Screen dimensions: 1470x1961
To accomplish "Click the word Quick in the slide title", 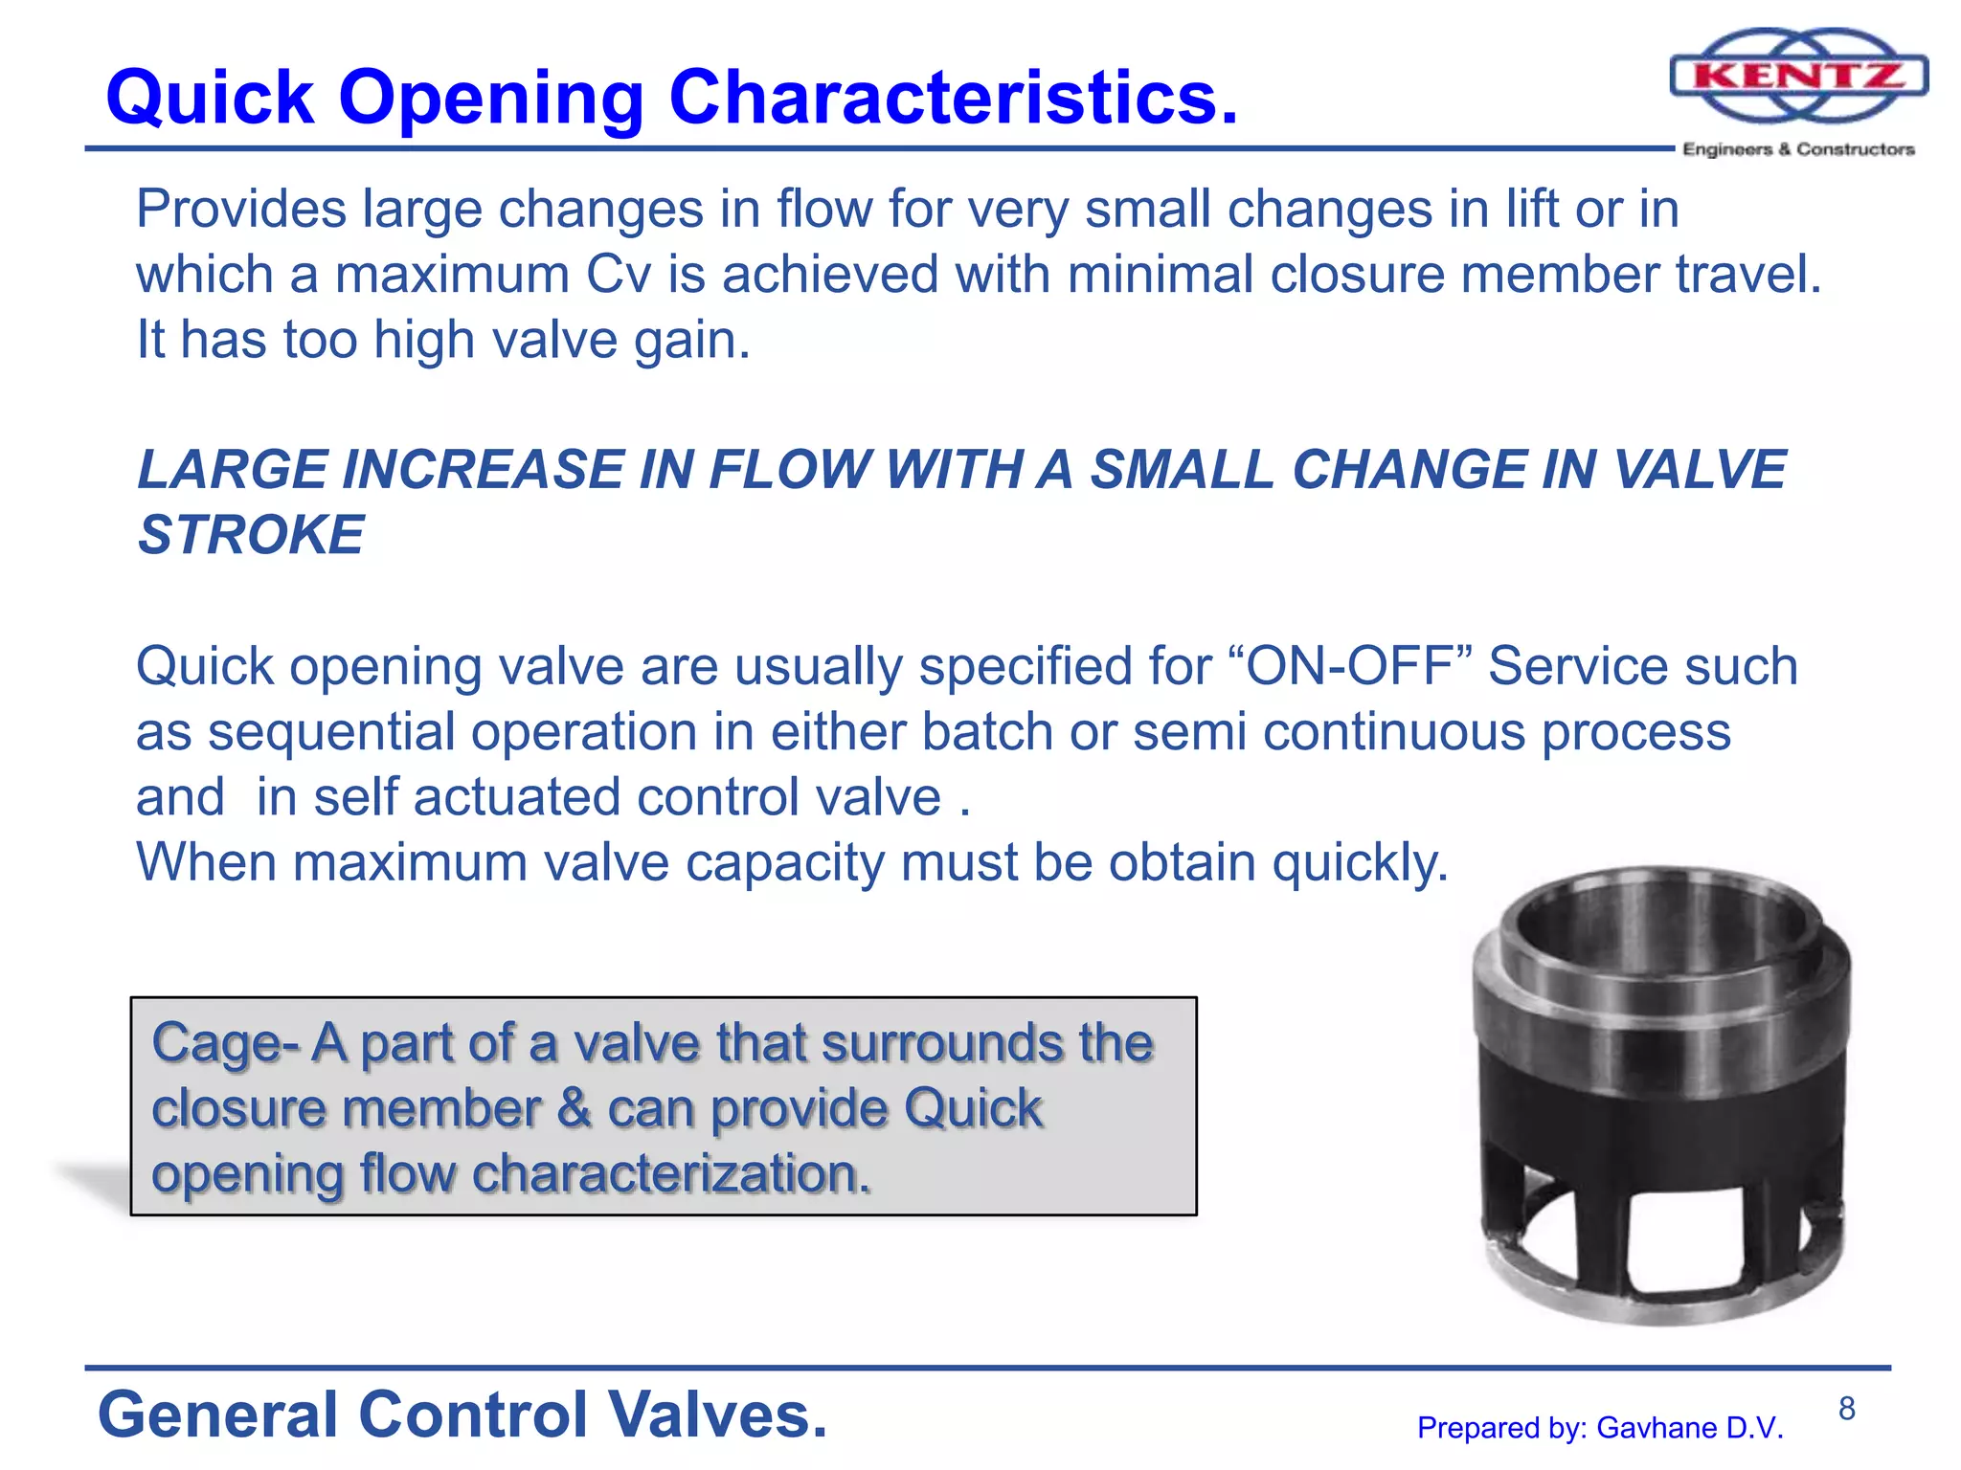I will tap(210, 98).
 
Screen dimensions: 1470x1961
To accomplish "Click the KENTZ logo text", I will tap(1798, 76).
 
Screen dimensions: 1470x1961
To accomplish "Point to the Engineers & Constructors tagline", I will tap(1798, 149).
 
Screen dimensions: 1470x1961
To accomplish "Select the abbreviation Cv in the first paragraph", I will tap(618, 275).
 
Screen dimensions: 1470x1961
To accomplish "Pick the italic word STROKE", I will tap(251, 534).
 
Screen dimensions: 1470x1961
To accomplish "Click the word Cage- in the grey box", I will tap(225, 1043).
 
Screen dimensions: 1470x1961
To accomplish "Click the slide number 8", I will tap(1846, 1409).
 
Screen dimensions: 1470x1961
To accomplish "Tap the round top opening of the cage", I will tap(1661, 924).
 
